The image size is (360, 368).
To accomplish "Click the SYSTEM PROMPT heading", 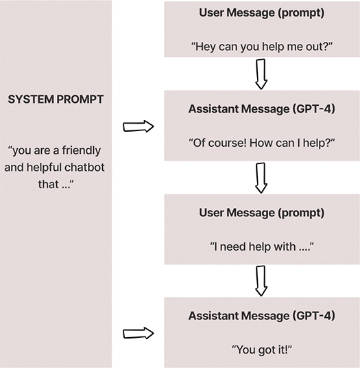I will coord(56,100).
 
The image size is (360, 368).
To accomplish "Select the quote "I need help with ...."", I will coord(261,246).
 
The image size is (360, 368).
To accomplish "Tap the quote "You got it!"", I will coord(261,349).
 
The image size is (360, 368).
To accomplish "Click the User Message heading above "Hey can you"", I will coord(261,12).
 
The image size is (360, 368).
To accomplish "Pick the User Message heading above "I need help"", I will coord(261,212).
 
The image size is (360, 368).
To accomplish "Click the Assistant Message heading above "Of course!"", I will coord(261,110).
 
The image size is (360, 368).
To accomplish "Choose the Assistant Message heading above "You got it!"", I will coord(261,316).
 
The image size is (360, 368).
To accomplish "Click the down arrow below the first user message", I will coord(261,74).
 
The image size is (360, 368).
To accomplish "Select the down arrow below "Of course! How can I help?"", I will coord(261,178).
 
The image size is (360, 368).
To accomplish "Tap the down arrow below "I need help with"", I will coord(261,281).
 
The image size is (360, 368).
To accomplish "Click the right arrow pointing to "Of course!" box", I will coord(138,126).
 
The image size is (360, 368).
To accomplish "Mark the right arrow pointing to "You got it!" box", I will coord(138,334).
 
